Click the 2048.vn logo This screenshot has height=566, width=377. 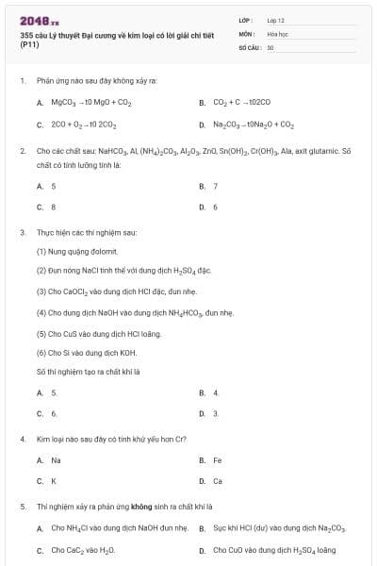point(39,21)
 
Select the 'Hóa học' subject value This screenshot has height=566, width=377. point(276,33)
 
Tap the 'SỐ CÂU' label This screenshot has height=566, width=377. point(250,46)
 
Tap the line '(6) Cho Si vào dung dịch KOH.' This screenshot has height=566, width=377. point(86,352)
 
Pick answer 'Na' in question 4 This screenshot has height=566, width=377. point(56,460)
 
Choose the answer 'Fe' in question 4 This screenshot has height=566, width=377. point(217,460)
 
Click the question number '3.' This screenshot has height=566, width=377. point(23,231)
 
